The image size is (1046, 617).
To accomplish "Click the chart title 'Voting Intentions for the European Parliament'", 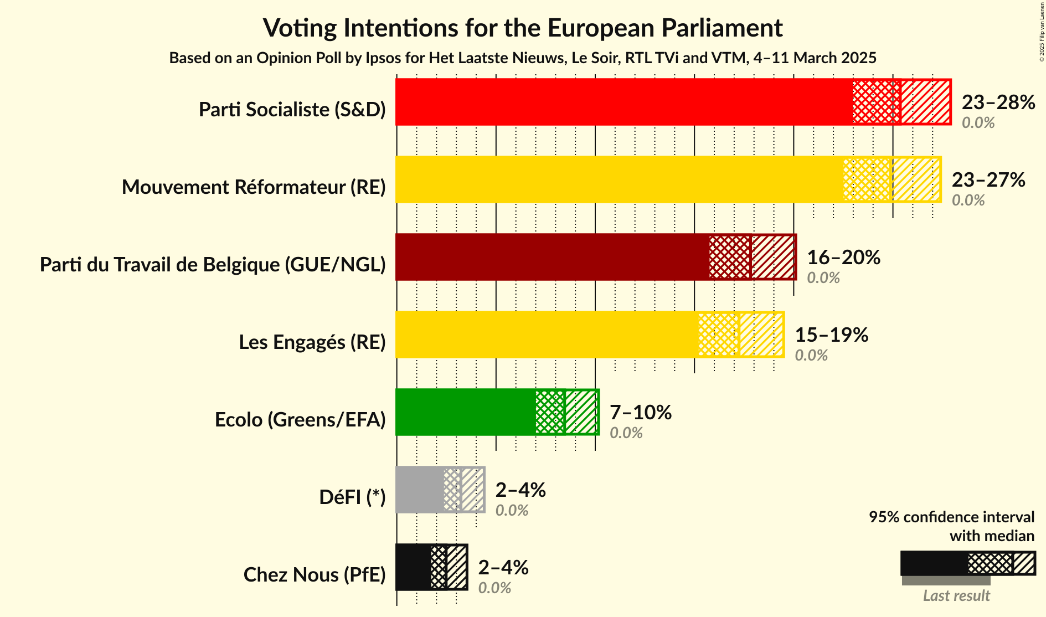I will (x=522, y=28).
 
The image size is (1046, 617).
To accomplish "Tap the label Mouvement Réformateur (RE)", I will (x=254, y=187).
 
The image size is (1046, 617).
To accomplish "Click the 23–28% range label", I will (x=998, y=102).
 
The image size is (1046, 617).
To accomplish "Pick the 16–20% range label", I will (x=843, y=258).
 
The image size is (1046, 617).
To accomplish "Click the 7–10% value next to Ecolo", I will (x=640, y=413).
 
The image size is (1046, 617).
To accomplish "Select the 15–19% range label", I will (x=831, y=335).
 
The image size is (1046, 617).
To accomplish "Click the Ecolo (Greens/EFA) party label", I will (x=300, y=420).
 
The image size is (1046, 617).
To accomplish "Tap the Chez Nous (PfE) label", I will (x=314, y=575).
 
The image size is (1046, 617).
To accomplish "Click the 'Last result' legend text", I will (x=956, y=596).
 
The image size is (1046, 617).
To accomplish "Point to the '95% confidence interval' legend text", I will (x=951, y=517).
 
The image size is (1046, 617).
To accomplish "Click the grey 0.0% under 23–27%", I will (x=968, y=200).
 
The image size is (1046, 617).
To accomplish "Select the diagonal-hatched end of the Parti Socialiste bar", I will (x=925, y=102).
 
